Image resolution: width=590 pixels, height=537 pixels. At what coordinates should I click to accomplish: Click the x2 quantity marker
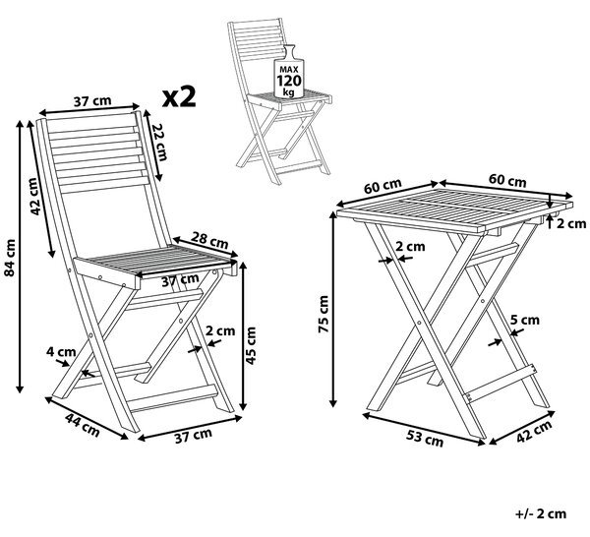[x=179, y=96]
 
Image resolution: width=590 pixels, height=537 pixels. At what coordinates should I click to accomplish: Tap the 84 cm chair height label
[x=10, y=258]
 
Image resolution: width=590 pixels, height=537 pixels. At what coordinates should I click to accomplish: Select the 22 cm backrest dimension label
[x=159, y=143]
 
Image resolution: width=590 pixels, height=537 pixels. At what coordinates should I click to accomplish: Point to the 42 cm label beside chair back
[x=34, y=196]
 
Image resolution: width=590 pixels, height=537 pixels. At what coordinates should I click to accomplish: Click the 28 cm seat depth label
[x=209, y=240]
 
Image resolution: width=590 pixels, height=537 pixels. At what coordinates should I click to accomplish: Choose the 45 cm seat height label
[x=251, y=345]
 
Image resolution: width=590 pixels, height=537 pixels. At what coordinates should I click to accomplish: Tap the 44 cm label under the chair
[x=83, y=425]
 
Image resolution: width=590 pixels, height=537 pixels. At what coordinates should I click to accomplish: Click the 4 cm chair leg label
[x=61, y=352]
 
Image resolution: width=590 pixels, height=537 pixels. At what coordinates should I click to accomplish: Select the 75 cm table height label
[x=324, y=314]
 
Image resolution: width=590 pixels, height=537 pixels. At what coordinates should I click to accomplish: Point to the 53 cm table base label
[x=425, y=438]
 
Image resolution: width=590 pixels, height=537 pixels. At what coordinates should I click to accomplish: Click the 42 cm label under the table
[x=534, y=432]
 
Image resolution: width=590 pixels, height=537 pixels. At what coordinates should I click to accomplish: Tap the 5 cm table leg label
[x=525, y=320]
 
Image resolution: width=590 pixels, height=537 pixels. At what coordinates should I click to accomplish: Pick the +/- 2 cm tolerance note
[x=541, y=513]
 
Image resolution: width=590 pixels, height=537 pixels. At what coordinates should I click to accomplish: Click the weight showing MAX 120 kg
[x=289, y=72]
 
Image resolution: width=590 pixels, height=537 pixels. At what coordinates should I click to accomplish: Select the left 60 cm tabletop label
[x=383, y=186]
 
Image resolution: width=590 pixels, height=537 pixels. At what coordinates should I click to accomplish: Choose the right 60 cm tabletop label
[x=507, y=181]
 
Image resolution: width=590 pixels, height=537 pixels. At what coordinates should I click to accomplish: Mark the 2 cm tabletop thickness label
[x=571, y=223]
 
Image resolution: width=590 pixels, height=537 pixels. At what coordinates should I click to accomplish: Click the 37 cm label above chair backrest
[x=92, y=101]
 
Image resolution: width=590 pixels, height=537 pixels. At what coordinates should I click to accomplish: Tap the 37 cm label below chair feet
[x=194, y=436]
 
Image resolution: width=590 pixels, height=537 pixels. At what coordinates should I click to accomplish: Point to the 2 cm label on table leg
[x=410, y=247]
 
